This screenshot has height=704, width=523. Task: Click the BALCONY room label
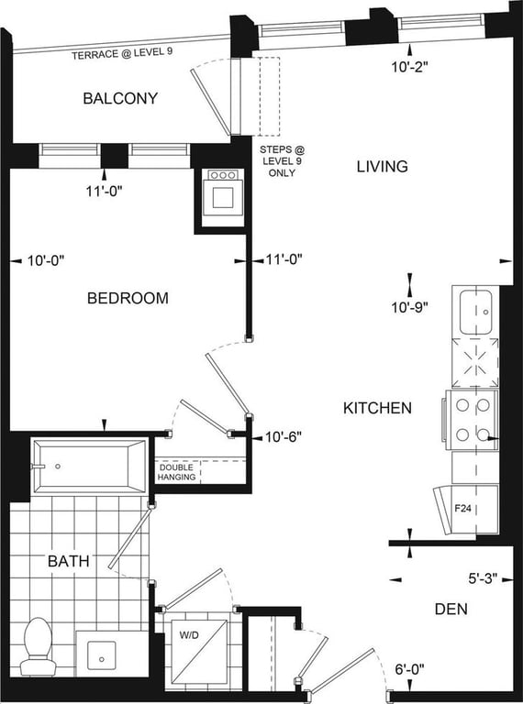pyautogui.click(x=120, y=98)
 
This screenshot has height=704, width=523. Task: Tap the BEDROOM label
pyautogui.click(x=128, y=298)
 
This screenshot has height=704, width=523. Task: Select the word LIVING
pyautogui.click(x=383, y=167)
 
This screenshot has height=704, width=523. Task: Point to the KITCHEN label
pyautogui.click(x=377, y=408)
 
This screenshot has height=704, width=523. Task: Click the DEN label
pyautogui.click(x=451, y=610)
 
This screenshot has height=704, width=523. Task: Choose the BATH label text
pyautogui.click(x=68, y=561)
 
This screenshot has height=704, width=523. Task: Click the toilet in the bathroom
pyautogui.click(x=38, y=646)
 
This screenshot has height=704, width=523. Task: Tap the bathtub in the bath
pyautogui.click(x=89, y=467)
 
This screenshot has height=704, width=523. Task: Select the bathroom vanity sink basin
pyautogui.click(x=102, y=657)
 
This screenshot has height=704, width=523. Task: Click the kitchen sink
pyautogui.click(x=475, y=312)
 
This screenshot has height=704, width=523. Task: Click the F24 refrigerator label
pyautogui.click(x=462, y=509)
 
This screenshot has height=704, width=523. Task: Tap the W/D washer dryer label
pyautogui.click(x=189, y=635)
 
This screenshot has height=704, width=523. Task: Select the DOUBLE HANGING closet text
pyautogui.click(x=176, y=472)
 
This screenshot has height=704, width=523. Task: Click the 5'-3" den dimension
pyautogui.click(x=484, y=578)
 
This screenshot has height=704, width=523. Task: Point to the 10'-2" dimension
pyautogui.click(x=409, y=67)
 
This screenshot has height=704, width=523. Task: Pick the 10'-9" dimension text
pyautogui.click(x=409, y=308)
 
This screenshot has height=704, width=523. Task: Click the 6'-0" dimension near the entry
pyautogui.click(x=409, y=669)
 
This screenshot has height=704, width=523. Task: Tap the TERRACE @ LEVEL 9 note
pyautogui.click(x=122, y=54)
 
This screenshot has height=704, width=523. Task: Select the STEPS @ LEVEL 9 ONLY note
pyautogui.click(x=282, y=161)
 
